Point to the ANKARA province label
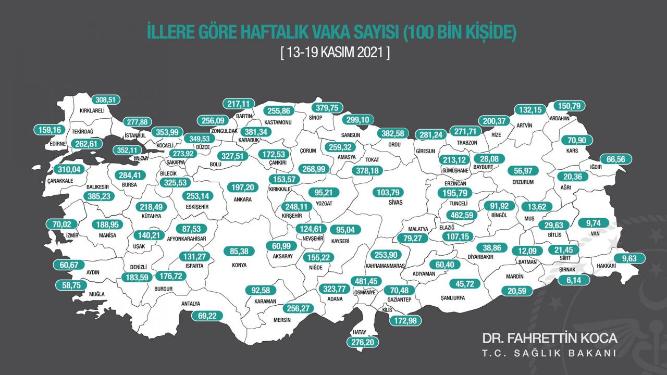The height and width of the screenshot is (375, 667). coord(243,199)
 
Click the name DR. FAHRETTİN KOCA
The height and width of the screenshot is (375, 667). coord(549,338)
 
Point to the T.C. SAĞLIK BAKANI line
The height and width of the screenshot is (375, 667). coord(549,354)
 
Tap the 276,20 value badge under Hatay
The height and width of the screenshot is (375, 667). coord(363,342)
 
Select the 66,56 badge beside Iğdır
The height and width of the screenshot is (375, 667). coord(616,159)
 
